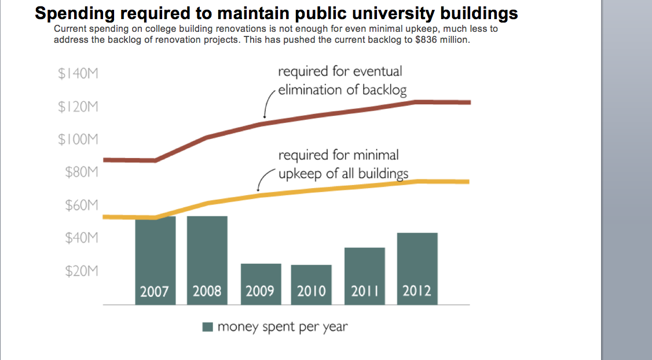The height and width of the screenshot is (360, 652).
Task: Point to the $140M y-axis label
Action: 78,74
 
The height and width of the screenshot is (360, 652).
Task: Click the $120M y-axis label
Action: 78,107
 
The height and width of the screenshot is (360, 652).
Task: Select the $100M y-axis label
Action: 78,139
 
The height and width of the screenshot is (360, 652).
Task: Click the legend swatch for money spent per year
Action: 208,327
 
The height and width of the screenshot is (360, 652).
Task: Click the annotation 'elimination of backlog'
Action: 342,90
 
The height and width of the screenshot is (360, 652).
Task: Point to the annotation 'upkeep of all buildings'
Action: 343,174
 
